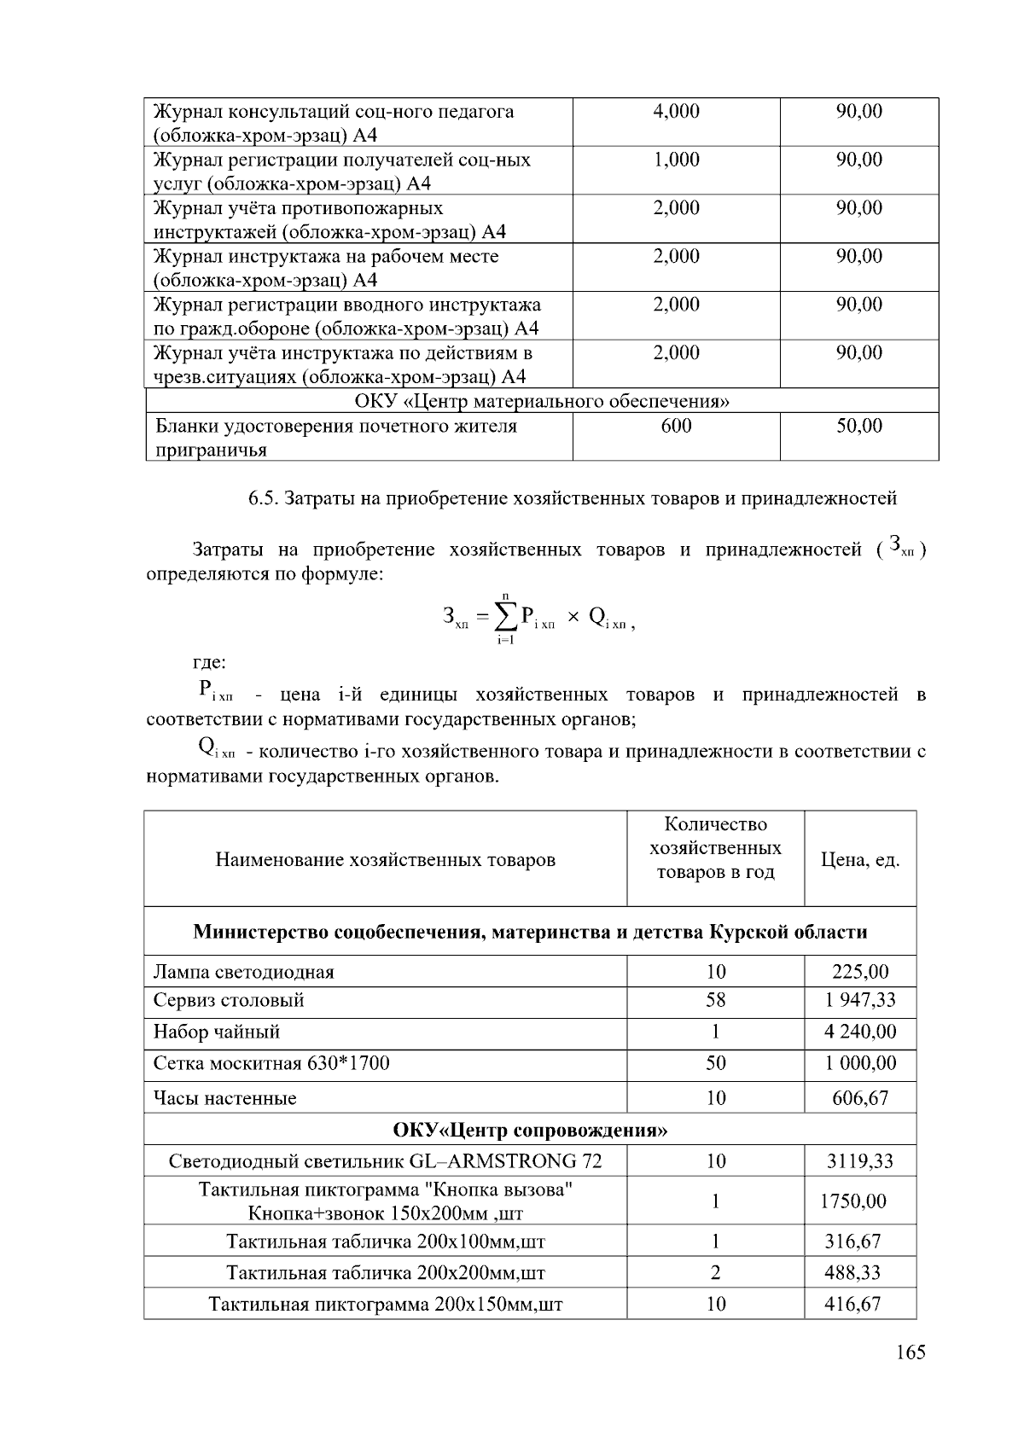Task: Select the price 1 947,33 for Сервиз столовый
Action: pos(860,1000)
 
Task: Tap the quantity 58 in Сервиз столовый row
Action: pos(715,1000)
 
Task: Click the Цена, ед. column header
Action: pos(860,859)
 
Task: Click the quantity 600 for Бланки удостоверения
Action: pos(676,426)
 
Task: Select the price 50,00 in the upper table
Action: pos(859,426)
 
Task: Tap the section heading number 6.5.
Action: pos(261,497)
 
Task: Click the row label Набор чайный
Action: pos(217,1032)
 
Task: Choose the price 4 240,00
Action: pos(860,1032)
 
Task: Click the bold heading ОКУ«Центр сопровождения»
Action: pos(530,1131)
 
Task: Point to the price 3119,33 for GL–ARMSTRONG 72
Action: pos(860,1161)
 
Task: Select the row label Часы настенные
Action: pos(225,1098)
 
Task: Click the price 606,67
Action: pos(860,1098)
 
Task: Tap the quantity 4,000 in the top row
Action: pos(676,111)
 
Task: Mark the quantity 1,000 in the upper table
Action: pos(676,160)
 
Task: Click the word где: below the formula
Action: pos(209,662)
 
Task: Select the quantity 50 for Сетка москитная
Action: pos(715,1063)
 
